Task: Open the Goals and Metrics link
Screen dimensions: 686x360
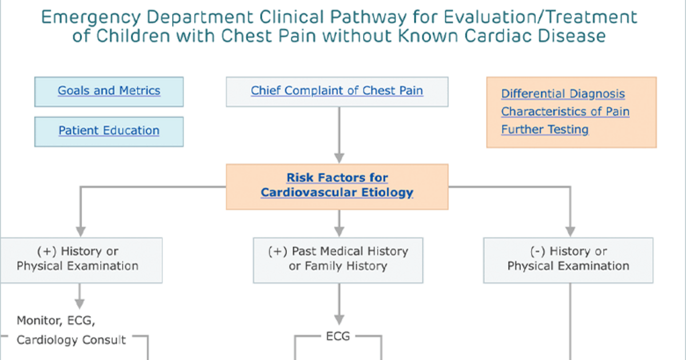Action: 109,91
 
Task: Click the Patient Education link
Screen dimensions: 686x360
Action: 109,130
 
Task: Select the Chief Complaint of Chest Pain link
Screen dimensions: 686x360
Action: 337,91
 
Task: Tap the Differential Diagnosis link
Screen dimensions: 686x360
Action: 563,94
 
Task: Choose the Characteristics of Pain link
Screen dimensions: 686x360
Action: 565,111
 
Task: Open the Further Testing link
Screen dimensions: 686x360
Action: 545,130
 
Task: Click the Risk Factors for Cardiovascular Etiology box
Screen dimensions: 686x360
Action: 337,187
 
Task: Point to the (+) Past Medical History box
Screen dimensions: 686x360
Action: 338,260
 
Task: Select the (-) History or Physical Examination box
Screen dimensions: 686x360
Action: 568,260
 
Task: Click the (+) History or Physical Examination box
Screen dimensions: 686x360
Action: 81,260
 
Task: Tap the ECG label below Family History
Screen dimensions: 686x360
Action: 338,336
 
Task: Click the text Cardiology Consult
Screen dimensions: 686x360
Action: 71,340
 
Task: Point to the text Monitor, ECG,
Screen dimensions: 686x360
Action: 56,321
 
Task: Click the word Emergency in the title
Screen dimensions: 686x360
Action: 91,18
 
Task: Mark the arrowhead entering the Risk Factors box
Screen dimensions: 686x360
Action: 339,158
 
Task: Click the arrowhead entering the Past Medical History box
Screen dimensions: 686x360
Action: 339,232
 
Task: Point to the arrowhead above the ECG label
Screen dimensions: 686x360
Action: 339,320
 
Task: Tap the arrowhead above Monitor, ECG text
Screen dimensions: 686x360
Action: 79,304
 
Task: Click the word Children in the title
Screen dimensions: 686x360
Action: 133,36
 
